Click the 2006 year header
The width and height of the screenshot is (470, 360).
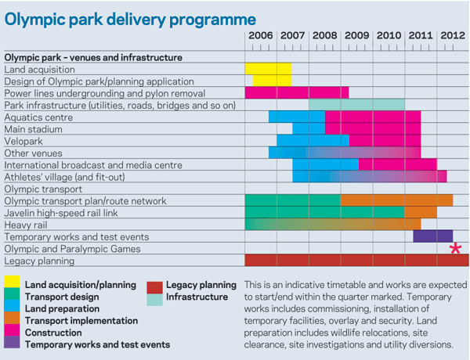[261, 35]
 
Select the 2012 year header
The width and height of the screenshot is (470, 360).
[453, 35]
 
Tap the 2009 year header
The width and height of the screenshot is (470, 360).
[356, 35]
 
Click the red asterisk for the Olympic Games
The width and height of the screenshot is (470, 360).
[454, 249]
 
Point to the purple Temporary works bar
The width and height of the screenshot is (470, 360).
[432, 236]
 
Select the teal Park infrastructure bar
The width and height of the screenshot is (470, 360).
[356, 104]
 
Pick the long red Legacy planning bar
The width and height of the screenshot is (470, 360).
[356, 261]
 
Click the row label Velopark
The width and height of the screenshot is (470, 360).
[25, 141]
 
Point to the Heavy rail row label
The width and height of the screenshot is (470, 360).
[27, 225]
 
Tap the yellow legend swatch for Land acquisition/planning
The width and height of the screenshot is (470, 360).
[12, 285]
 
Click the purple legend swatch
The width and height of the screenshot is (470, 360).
[12, 344]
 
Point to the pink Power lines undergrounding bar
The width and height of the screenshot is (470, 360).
[296, 92]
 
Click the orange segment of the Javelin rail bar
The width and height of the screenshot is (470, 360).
[421, 213]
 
